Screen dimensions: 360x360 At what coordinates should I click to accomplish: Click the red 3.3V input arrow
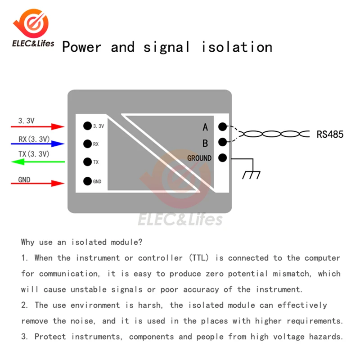tap(38, 127)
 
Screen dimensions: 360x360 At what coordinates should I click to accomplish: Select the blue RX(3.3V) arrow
tap(38, 144)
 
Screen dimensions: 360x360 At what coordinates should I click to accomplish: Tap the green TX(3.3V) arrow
tap(38, 162)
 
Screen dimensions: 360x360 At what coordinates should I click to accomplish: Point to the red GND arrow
tap(38, 183)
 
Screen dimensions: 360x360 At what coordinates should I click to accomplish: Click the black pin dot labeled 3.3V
tap(87, 126)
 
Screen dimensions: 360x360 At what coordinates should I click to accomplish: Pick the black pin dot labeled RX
tap(87, 144)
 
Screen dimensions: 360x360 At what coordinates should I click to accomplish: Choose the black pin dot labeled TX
tap(87, 162)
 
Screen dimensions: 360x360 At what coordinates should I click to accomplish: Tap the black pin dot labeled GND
tap(87, 182)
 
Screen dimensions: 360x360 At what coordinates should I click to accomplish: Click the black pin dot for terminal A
tap(222, 127)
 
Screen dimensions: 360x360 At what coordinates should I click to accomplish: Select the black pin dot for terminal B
tap(222, 143)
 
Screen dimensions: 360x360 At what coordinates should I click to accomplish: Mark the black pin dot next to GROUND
tap(222, 158)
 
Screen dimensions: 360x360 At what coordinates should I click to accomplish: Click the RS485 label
tap(330, 134)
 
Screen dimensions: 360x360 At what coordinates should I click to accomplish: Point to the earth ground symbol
tap(251, 174)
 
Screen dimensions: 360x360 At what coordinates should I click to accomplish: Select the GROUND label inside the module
tap(199, 158)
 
